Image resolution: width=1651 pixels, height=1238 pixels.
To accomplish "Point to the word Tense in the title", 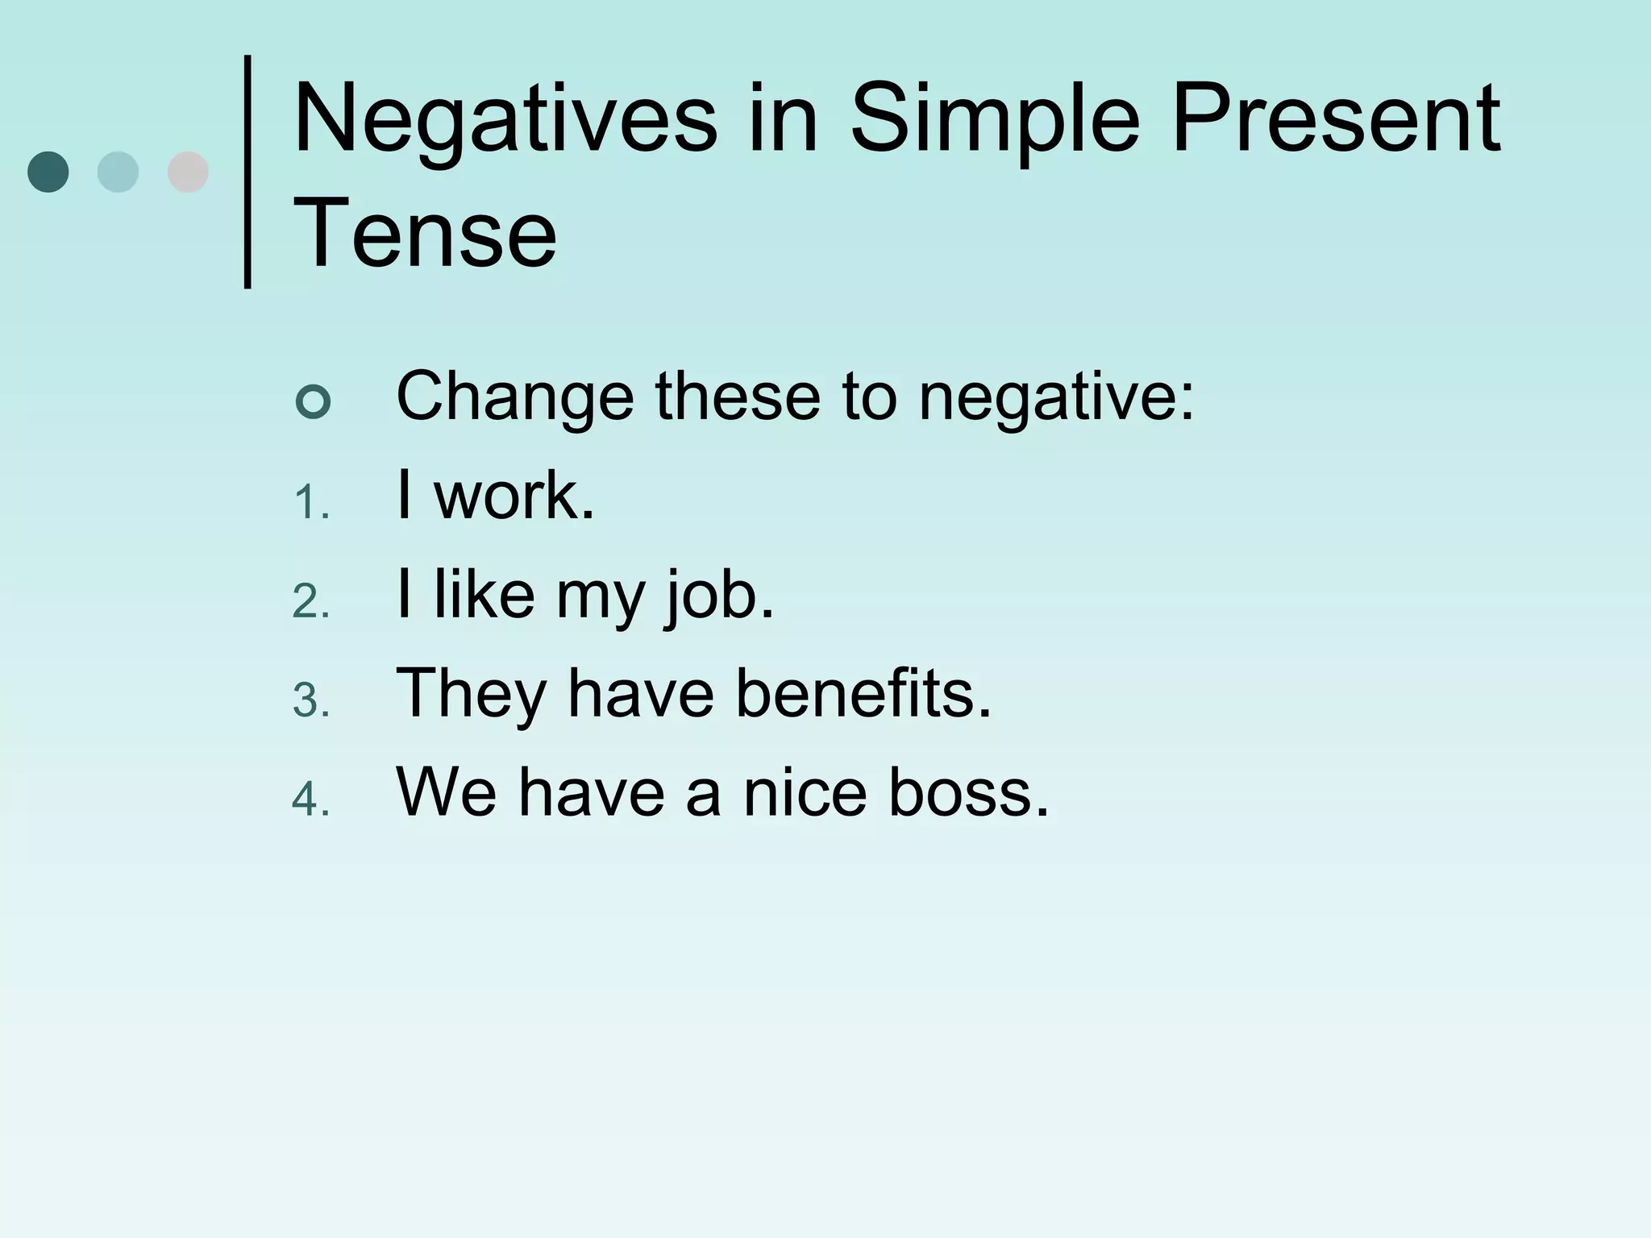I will [425, 235].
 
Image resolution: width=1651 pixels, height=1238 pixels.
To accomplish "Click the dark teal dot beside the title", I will [48, 172].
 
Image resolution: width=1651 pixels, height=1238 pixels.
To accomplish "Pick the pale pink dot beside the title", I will [188, 172].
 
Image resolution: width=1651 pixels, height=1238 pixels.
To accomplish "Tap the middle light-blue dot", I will [118, 172].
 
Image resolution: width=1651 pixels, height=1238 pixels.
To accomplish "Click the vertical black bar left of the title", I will [247, 172].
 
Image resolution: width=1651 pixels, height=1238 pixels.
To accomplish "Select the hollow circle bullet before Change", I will [313, 401].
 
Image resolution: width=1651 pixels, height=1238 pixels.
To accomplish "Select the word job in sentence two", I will [717, 596].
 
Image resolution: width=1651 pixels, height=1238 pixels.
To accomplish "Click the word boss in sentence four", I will [967, 792].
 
